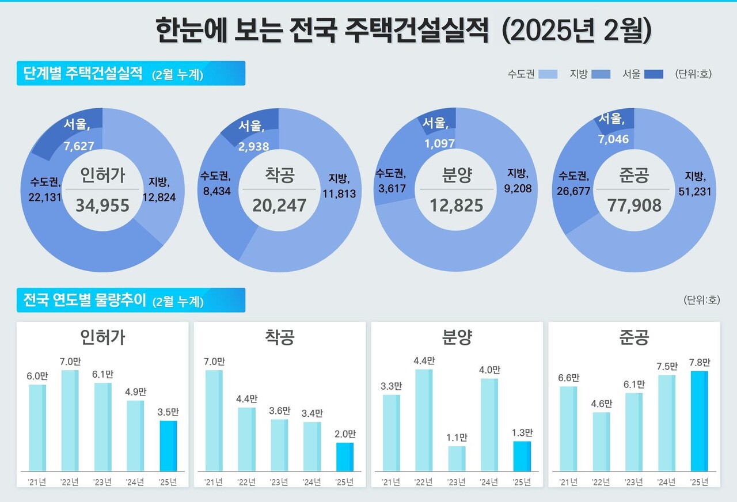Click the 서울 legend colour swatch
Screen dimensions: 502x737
[x=653, y=74]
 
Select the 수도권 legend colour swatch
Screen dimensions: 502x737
[x=548, y=74]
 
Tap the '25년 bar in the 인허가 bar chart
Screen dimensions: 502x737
[x=168, y=446]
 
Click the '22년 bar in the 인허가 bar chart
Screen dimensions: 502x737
[x=70, y=420]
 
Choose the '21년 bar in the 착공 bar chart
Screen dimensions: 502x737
[x=214, y=420]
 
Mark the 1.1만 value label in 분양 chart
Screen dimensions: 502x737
[x=457, y=438]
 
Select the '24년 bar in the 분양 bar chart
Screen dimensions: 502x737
[x=489, y=424]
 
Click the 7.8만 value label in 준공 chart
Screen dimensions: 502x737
[x=699, y=363]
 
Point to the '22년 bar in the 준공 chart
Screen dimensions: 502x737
[x=601, y=442]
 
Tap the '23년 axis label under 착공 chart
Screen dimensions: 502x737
[x=279, y=482]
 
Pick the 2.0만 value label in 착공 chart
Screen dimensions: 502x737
[x=345, y=434]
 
